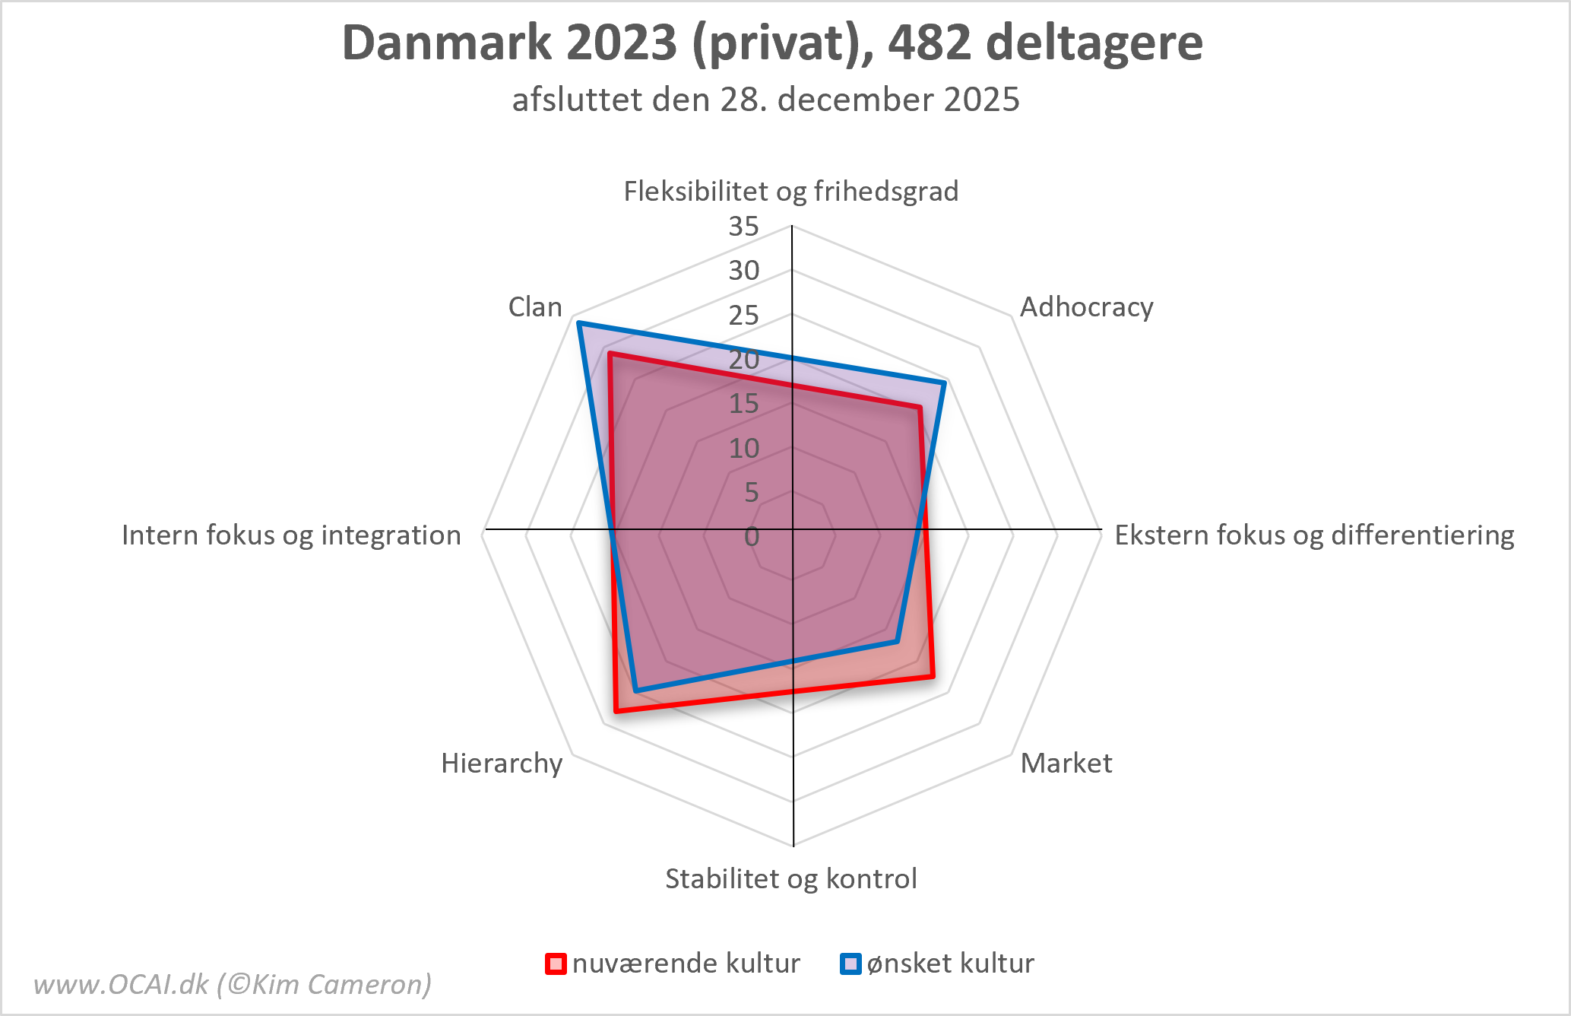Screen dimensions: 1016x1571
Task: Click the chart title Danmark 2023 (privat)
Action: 772,43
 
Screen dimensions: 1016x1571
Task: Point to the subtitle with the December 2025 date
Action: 765,100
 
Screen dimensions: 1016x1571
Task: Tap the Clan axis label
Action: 535,307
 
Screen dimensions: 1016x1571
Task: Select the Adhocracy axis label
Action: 1086,307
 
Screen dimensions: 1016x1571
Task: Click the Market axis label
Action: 1066,763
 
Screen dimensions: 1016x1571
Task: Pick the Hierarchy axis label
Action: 502,763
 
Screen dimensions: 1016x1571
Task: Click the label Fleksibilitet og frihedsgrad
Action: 791,191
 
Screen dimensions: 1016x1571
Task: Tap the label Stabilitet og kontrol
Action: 791,878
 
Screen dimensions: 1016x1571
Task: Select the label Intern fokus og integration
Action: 291,535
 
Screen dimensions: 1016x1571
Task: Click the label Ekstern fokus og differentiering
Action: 1314,535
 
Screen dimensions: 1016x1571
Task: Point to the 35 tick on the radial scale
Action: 743,226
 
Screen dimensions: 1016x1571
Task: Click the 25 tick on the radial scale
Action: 743,315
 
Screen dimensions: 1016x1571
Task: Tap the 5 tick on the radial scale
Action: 751,493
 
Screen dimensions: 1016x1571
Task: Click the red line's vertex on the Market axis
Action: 933,675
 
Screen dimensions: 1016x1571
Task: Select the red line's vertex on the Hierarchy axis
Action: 616,712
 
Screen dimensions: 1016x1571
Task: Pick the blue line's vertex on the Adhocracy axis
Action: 943,383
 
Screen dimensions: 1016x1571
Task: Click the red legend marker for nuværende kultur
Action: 556,964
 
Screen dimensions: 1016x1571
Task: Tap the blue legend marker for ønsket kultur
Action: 850,964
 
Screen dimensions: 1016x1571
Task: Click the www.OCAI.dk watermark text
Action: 233,984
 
